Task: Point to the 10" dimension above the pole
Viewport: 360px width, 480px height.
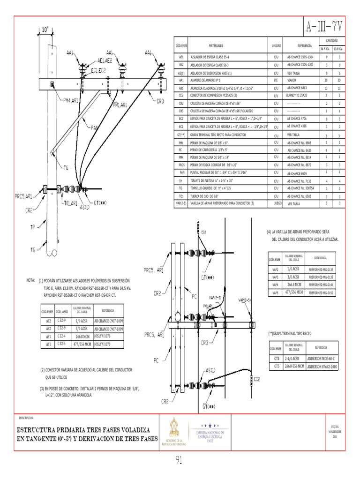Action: point(45,30)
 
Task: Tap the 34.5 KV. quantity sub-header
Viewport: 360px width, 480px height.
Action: point(325,48)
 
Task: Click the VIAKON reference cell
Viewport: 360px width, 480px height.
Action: point(296,80)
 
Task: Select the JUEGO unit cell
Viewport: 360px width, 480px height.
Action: point(276,204)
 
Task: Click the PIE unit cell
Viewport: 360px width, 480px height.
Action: point(276,80)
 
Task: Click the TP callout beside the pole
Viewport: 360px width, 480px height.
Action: point(32,227)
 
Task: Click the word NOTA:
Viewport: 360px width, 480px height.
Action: point(31,280)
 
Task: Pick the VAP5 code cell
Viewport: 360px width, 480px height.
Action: point(275,293)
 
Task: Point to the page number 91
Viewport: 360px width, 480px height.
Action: point(179,460)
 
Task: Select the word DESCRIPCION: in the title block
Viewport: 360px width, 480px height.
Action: point(27,417)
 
